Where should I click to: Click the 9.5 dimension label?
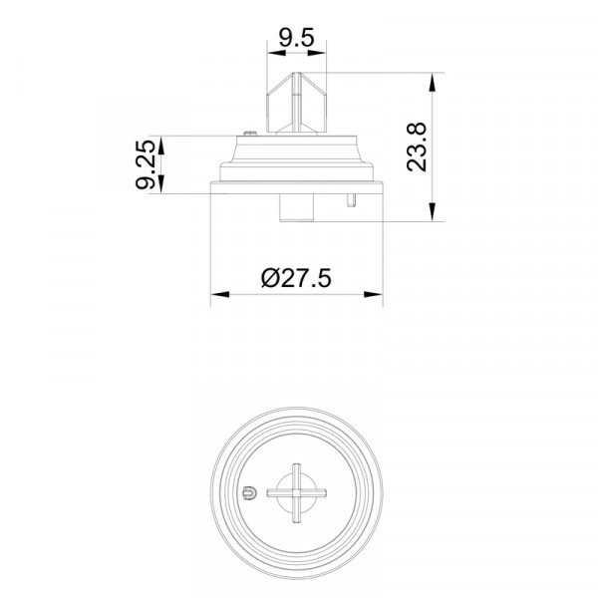point(297,38)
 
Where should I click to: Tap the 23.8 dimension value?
point(416,147)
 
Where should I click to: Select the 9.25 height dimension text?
point(146,164)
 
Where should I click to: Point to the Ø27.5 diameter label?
point(296,278)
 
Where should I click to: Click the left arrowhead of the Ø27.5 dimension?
point(220,294)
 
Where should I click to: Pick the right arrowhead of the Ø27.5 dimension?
point(373,294)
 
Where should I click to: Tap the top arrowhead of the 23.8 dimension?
point(433,82)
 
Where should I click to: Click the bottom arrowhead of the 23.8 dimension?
point(433,211)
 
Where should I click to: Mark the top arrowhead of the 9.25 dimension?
point(160,146)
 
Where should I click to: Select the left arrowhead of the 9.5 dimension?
point(276,53)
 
